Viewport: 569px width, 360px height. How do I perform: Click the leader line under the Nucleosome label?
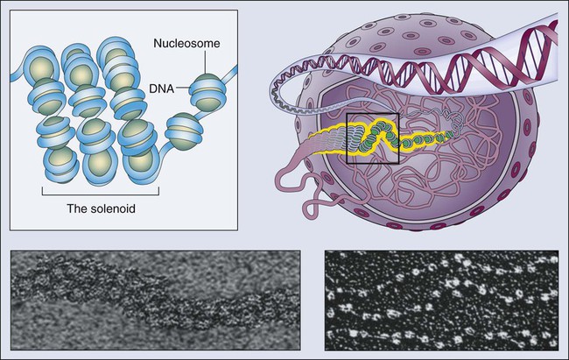pyautogui.click(x=207, y=61)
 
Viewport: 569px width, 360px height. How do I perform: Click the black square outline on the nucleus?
pyautogui.click(x=374, y=138)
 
